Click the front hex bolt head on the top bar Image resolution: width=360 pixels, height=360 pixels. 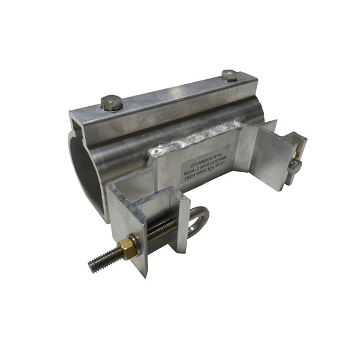tap(112, 103)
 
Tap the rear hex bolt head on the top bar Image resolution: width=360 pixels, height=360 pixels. tap(229, 76)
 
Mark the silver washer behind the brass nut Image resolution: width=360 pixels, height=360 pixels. tap(136, 242)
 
